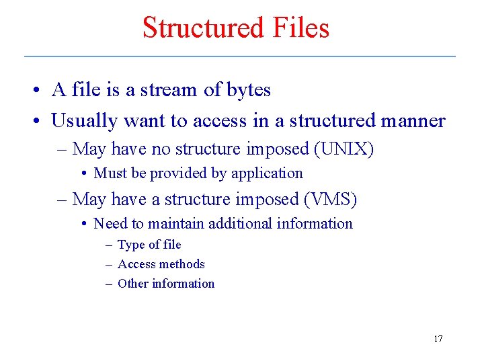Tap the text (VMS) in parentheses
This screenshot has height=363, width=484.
tap(330, 199)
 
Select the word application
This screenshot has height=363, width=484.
tap(267, 173)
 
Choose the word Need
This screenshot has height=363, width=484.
tap(110, 223)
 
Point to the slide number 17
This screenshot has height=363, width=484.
tap(438, 339)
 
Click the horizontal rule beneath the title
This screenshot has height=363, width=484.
tap(240, 56)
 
